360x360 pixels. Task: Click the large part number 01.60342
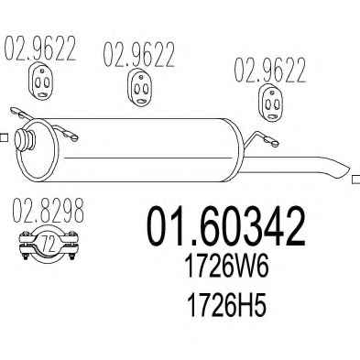[x=225, y=226]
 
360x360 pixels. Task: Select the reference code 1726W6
[x=227, y=267]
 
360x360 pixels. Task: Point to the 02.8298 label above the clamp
[x=49, y=211]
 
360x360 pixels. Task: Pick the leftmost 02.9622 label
[x=39, y=49]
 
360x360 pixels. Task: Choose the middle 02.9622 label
[x=139, y=54]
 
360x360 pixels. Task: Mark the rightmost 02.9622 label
[x=269, y=70]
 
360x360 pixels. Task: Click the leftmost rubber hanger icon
[x=41, y=81]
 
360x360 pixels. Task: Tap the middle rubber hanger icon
[x=139, y=87]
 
